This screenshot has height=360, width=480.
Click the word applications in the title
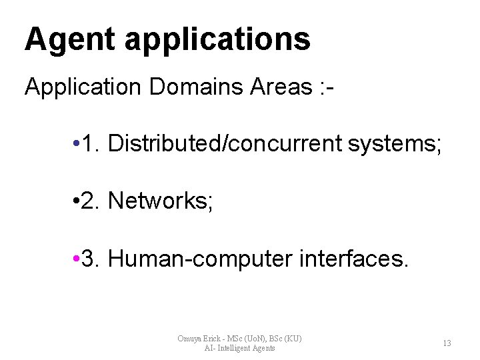coord(215,40)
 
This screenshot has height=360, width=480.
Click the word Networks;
coord(159,200)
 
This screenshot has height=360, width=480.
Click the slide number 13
coord(447,343)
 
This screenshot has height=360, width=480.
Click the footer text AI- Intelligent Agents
coord(240,348)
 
